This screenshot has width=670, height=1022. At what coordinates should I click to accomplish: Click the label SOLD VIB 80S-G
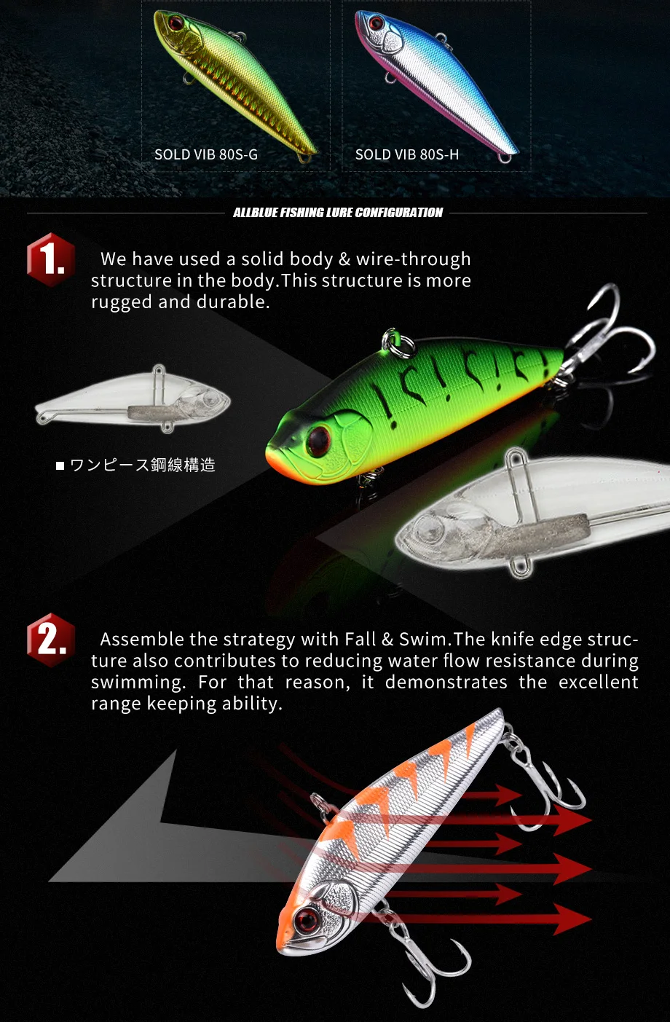206,154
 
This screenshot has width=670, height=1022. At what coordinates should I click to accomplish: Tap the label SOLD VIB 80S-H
407,154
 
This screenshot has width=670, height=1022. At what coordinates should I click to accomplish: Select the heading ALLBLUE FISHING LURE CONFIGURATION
338,213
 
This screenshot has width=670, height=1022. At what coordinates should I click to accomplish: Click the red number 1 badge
51,259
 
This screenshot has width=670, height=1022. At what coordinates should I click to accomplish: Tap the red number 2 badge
51,640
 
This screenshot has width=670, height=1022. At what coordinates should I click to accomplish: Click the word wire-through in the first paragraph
413,259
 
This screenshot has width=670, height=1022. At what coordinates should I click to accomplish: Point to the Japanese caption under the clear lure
135,465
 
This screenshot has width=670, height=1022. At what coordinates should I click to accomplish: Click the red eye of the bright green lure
319,440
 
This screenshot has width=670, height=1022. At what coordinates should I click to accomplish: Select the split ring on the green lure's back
396,343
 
